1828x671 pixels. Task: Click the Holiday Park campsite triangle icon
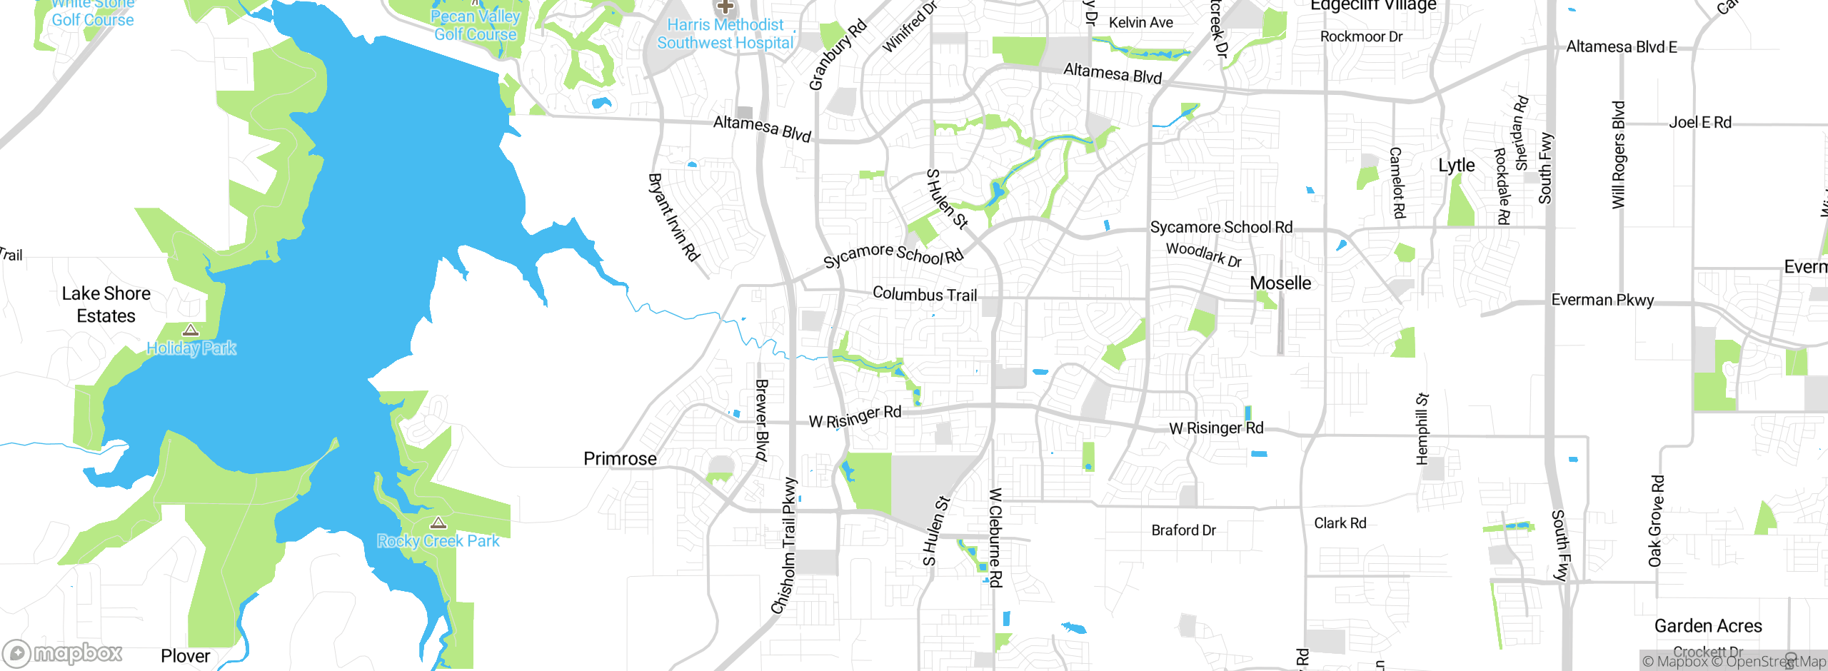point(190,330)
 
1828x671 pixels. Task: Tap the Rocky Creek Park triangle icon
point(438,523)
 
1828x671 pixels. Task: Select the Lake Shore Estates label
point(106,305)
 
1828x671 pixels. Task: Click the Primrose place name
point(620,459)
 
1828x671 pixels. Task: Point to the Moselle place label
point(1280,283)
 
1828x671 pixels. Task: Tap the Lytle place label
point(1456,166)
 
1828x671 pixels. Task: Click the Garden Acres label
point(1708,626)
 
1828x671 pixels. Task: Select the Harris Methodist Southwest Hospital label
point(725,34)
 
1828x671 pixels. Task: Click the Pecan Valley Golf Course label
point(475,26)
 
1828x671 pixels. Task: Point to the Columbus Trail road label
point(925,294)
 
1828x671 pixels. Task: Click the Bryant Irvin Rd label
point(673,217)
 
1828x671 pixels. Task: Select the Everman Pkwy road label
point(1602,300)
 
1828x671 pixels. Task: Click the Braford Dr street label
point(1183,530)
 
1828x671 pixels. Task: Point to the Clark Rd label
point(1340,523)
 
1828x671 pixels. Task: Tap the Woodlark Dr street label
point(1204,254)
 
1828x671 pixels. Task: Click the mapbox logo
point(63,653)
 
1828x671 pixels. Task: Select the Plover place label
point(186,656)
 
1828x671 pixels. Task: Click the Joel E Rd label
point(1699,123)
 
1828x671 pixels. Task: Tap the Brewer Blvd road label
point(762,421)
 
